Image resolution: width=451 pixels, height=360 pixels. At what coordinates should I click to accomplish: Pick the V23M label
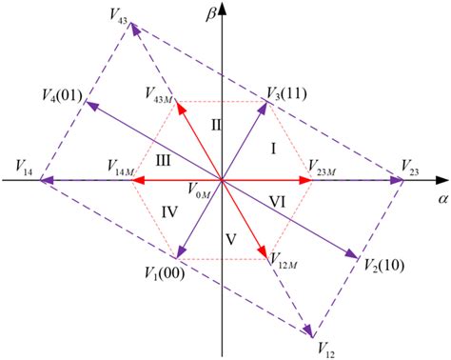[326, 165]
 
